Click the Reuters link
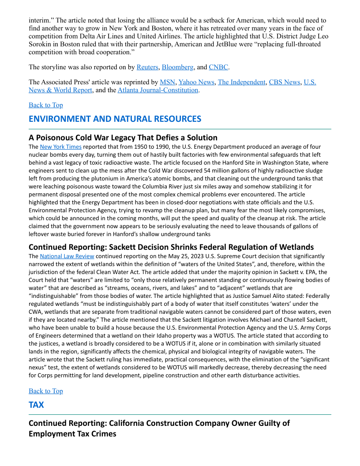(x=147, y=67)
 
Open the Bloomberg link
(x=177, y=67)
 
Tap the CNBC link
(x=218, y=67)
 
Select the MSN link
(x=167, y=82)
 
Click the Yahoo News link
(x=196, y=82)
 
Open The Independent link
(x=241, y=82)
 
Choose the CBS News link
(x=284, y=82)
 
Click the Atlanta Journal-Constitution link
(x=158, y=90)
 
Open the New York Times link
(x=60, y=147)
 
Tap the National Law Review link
(x=67, y=256)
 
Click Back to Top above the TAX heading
(x=46, y=391)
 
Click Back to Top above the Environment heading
(x=46, y=105)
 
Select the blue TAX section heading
(x=36, y=405)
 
